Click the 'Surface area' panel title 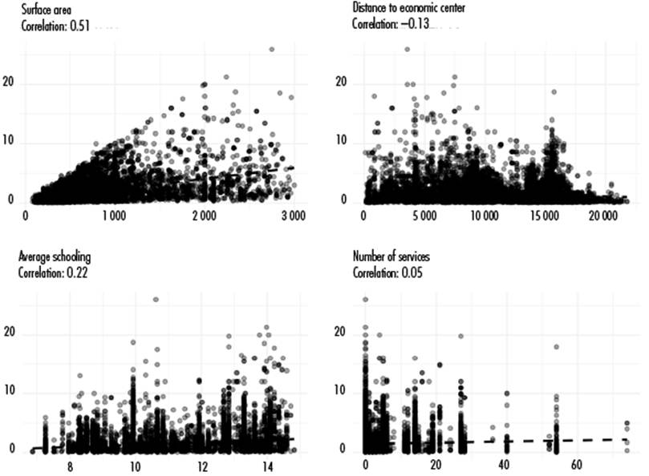point(47,10)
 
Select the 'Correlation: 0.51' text point(55,26)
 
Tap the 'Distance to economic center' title point(408,7)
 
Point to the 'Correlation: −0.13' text point(391,23)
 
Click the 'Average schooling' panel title point(55,256)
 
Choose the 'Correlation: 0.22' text point(53,272)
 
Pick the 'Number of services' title point(391,256)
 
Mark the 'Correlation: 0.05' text point(387,272)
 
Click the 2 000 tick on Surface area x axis point(205,216)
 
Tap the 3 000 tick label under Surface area point(294,216)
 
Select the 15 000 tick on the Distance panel point(543,216)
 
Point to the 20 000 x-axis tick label point(603,216)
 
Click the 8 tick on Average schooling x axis point(70,466)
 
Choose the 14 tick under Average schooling point(268,466)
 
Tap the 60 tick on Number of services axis point(577,465)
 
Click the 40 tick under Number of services point(504,465)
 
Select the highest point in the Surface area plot point(272,49)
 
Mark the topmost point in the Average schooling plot point(156,300)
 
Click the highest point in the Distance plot point(408,49)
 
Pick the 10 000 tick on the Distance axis point(485,216)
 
